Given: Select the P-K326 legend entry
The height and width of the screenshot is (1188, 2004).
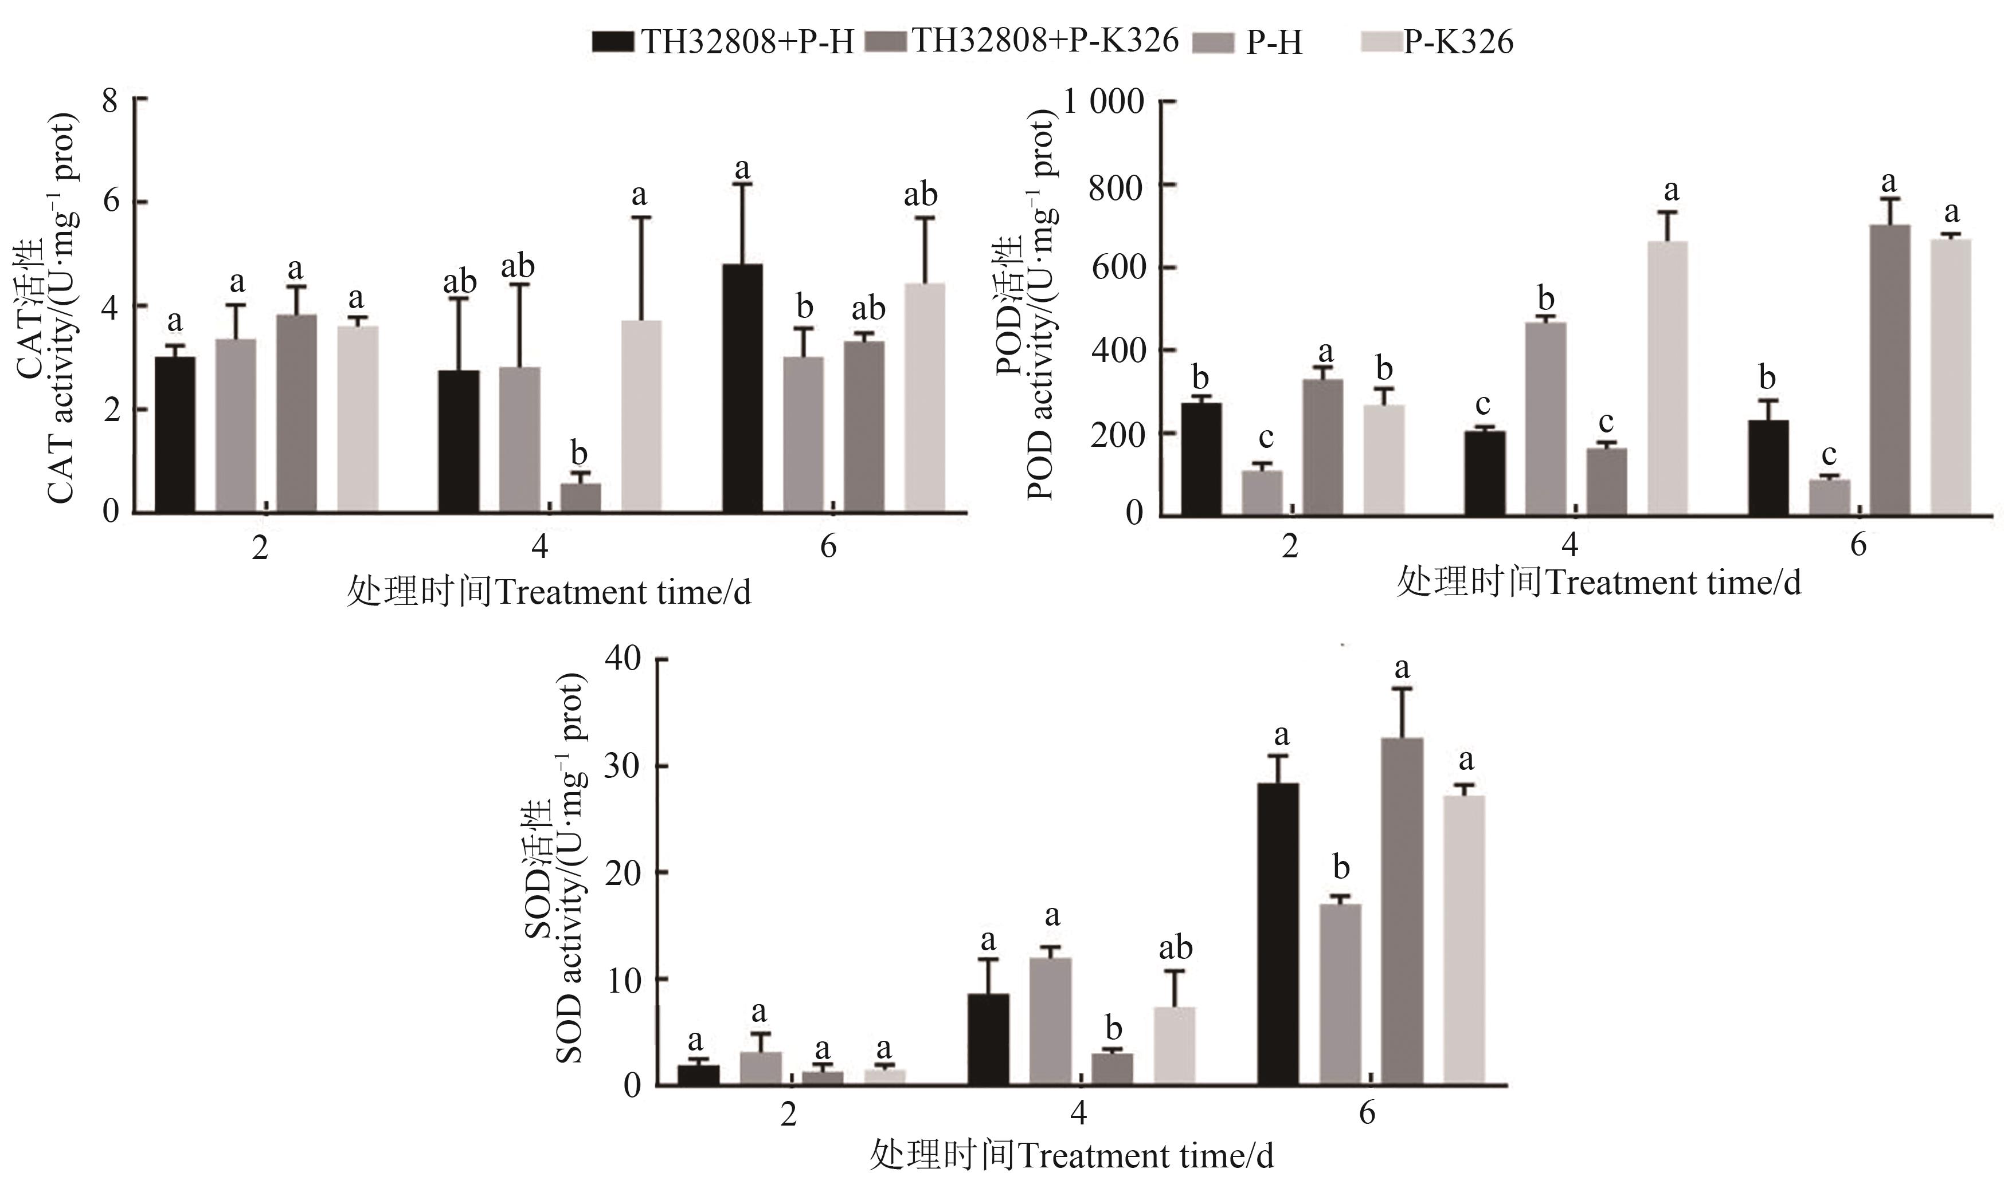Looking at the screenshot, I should tap(1438, 41).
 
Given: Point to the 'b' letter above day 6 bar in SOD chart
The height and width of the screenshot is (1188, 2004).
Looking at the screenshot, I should tap(1341, 868).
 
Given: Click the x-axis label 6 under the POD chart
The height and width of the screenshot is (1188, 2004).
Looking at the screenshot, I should tap(1858, 546).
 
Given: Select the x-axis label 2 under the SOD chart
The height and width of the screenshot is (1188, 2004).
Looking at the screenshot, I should tap(789, 1114).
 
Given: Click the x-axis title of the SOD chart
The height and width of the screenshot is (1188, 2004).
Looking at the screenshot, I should tap(1071, 1156).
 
